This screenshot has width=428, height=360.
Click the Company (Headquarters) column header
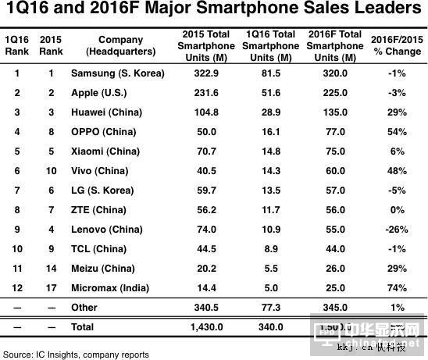point(121,45)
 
